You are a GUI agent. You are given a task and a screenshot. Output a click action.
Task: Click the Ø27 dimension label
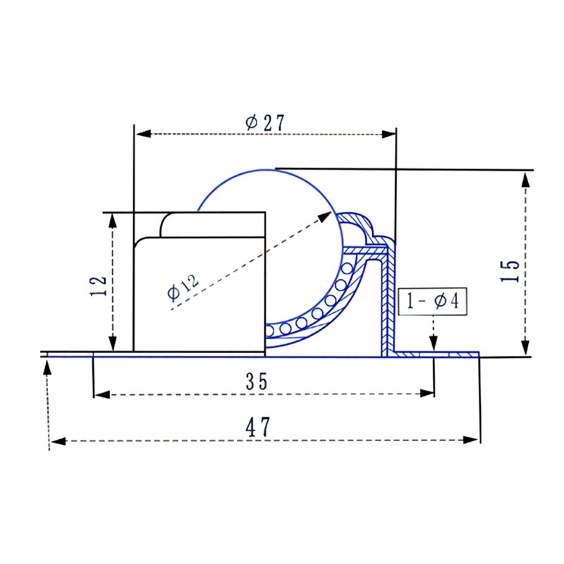tap(264, 122)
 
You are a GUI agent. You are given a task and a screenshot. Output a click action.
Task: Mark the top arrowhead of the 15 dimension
tap(525, 180)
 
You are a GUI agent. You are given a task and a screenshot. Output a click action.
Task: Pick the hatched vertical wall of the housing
tap(386, 303)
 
